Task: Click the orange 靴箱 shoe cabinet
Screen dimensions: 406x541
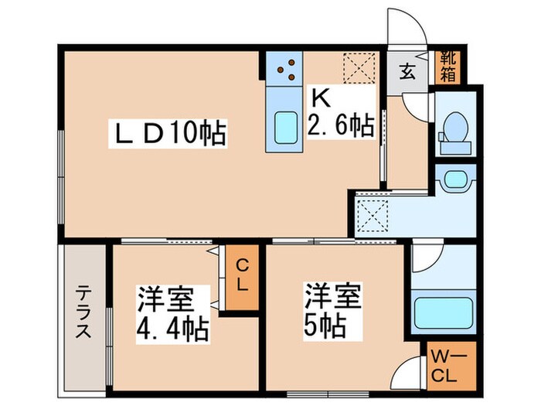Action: click(x=448, y=67)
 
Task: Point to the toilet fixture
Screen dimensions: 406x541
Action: click(x=454, y=128)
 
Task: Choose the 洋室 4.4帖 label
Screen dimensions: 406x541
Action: click(x=172, y=313)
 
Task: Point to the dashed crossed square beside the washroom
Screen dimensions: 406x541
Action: click(x=370, y=216)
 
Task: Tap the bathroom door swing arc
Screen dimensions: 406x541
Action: click(x=422, y=258)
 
